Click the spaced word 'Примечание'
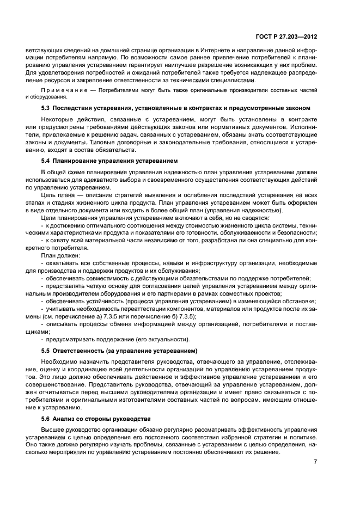pyautogui.click(x=60, y=89)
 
